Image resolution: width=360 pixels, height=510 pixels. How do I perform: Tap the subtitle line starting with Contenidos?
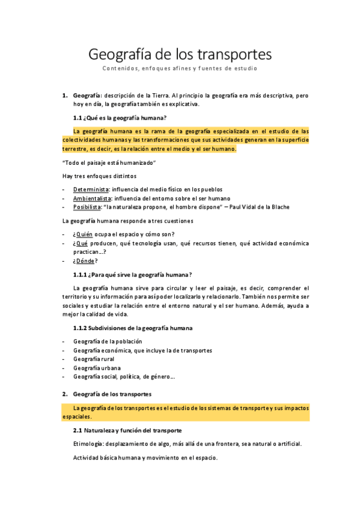[x=180, y=69]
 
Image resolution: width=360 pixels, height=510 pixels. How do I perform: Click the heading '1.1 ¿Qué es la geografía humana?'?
[x=120, y=117]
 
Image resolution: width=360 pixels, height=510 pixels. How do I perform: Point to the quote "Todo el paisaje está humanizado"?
[x=109, y=163]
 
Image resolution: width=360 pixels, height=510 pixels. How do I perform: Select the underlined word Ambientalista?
[x=93, y=198]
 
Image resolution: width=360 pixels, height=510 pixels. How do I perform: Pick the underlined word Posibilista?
[x=88, y=207]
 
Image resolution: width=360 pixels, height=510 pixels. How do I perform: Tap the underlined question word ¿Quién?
[x=82, y=234]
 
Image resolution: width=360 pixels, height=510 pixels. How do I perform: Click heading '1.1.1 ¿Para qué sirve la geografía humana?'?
[x=132, y=275]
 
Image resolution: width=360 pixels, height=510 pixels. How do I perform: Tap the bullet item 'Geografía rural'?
[x=94, y=359]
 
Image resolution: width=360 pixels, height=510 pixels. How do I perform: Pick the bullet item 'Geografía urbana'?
[x=97, y=367]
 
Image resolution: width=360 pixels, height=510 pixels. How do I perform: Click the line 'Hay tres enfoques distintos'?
[x=99, y=176]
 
